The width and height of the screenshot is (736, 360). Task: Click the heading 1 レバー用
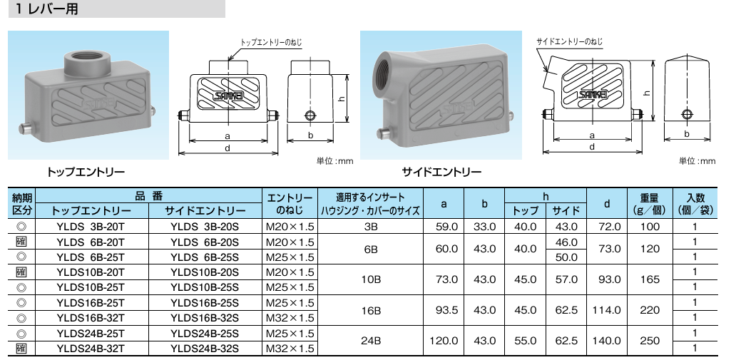46,9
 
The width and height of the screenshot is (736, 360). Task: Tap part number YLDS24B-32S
205,349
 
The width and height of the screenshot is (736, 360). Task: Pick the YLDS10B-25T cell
91,287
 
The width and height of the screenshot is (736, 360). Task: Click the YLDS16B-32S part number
205,318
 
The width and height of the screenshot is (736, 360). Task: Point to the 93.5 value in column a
444,310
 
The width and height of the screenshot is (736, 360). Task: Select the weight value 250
650,341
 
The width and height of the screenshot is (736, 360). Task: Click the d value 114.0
607,310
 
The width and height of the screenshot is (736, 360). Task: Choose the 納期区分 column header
21,204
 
